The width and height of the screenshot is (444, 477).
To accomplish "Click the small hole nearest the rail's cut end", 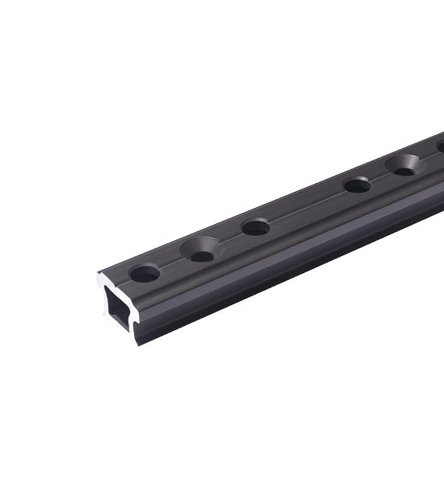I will (145, 273).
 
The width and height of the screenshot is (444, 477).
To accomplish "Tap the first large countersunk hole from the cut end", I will (201, 250).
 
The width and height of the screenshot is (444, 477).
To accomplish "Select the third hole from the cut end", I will (256, 227).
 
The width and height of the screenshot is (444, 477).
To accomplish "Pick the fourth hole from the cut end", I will (356, 185).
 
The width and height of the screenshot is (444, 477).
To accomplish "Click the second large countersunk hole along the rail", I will (405, 165).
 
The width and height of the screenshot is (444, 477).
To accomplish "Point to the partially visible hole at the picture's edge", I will (440, 146).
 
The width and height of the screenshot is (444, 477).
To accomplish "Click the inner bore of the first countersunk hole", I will (203, 255).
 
